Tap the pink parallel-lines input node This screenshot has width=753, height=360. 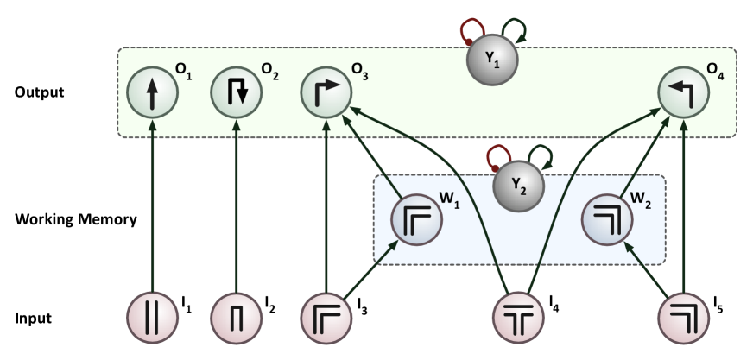[x=152, y=319]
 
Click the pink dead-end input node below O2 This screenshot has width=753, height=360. [x=237, y=319]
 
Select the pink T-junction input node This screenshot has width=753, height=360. [x=517, y=319]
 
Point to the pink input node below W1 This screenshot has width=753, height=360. [x=326, y=319]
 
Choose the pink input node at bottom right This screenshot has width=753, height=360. [x=683, y=319]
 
